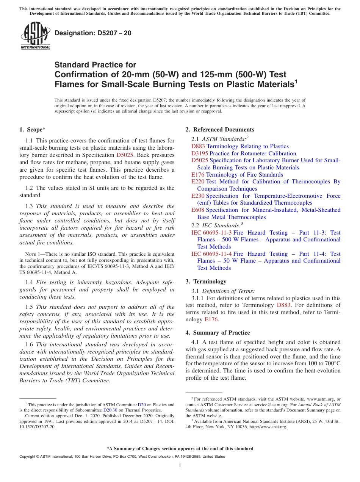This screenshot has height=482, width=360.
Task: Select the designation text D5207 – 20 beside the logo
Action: point(93,33)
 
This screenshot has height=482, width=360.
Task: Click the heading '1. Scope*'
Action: point(32,130)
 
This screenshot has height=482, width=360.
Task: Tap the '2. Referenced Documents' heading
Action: point(220,130)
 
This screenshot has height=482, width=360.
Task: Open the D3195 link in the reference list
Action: point(200,153)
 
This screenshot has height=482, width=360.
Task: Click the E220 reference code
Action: point(198,182)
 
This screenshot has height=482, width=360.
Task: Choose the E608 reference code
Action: point(198,210)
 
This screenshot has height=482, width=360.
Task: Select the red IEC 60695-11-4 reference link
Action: point(211,254)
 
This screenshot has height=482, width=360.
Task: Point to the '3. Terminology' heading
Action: point(206,282)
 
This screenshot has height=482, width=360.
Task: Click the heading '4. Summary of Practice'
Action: point(218,333)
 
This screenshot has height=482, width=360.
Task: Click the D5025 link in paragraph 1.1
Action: point(125,155)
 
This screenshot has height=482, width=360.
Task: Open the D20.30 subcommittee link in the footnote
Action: point(110,410)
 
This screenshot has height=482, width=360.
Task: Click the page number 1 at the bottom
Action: point(180,466)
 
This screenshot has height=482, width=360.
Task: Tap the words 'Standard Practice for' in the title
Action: point(95,65)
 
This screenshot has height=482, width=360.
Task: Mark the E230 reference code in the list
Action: point(198,196)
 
